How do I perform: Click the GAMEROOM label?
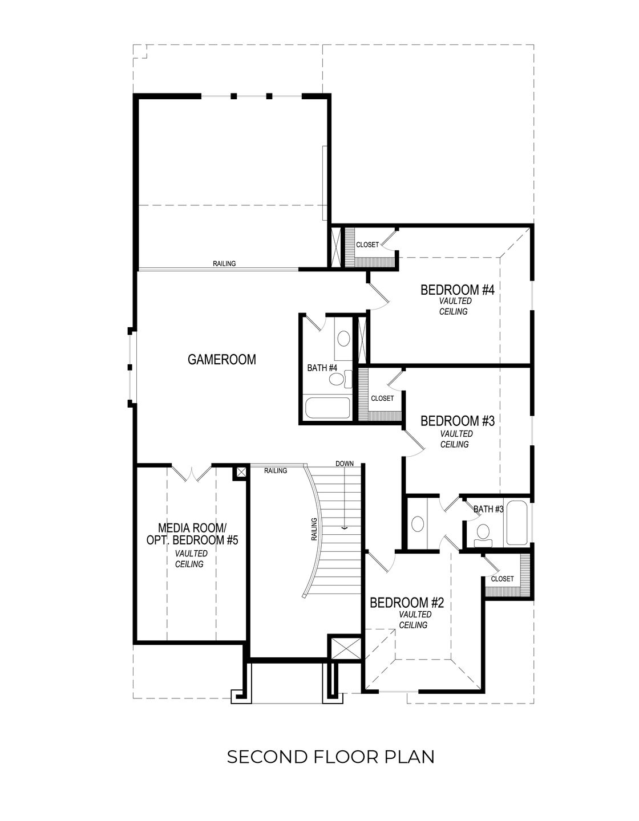pos(222,360)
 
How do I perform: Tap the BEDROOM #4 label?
pos(456,290)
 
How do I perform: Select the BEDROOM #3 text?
pos(456,421)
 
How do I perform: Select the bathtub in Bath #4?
pos(327,408)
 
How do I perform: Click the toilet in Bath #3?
pos(484,533)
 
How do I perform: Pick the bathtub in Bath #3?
pos(518,523)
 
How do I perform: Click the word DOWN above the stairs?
pos(345,464)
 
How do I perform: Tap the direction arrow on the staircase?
pos(345,528)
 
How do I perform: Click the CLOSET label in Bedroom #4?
pos(367,245)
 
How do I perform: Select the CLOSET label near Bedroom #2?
pos(502,579)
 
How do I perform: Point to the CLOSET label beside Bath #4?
pos(382,399)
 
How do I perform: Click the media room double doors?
pos(192,473)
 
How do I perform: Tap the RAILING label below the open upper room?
pos(224,263)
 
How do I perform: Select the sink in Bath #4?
pos(343,339)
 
